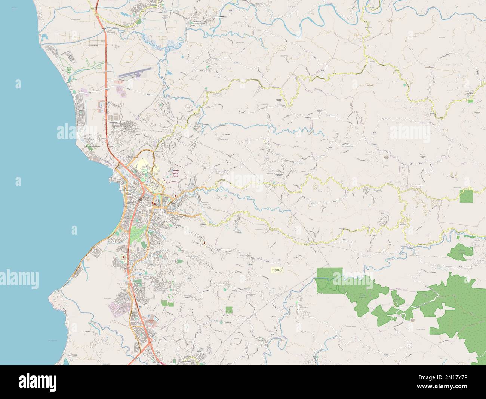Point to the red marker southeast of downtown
point(204,243)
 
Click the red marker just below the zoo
point(175,196)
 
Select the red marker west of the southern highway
point(123,257)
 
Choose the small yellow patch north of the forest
point(276,269)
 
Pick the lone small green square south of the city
point(229,309)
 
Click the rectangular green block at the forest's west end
point(329,279)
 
